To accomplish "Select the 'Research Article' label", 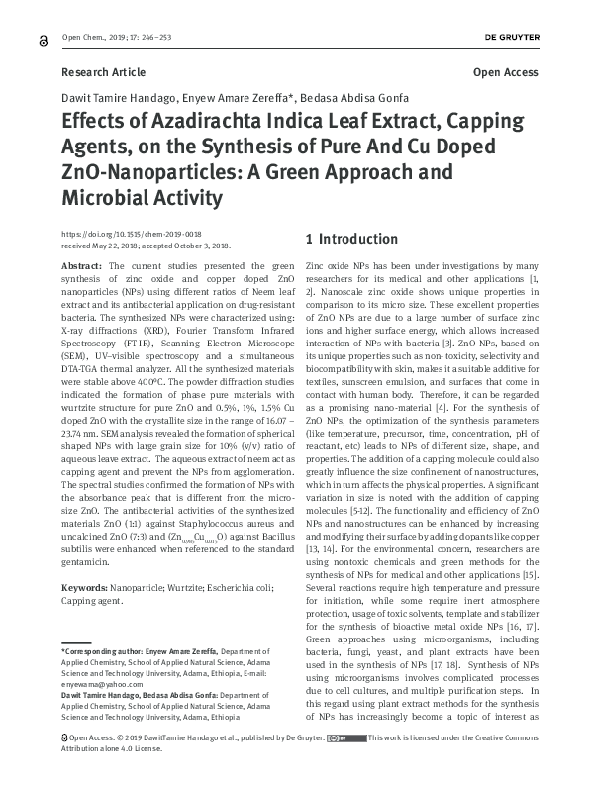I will (103, 72).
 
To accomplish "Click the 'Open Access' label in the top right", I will (506, 72).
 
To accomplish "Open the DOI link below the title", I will (138, 230).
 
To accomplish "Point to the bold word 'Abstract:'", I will (81, 267).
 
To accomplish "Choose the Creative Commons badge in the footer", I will (345, 766).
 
